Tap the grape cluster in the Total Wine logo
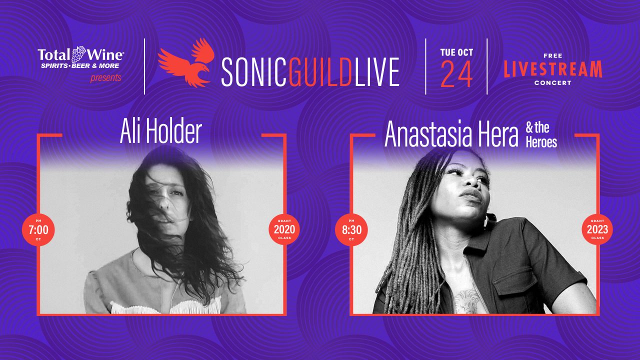pyautogui.click(x=78, y=54)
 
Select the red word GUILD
pyautogui.click(x=320, y=72)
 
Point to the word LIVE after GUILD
pyautogui.click(x=377, y=72)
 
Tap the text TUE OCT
pyautogui.click(x=456, y=52)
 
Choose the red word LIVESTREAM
pyautogui.click(x=553, y=69)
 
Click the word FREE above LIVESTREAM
pyautogui.click(x=553, y=55)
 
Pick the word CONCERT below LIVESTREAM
pyautogui.click(x=553, y=83)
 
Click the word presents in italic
pyautogui.click(x=105, y=77)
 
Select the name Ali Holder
pyautogui.click(x=161, y=131)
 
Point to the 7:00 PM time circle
pyautogui.click(x=38, y=229)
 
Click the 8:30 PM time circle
pyautogui.click(x=351, y=229)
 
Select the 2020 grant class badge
pyautogui.click(x=284, y=229)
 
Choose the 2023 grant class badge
pyautogui.click(x=597, y=229)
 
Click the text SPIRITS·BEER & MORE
pyautogui.click(x=80, y=65)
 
